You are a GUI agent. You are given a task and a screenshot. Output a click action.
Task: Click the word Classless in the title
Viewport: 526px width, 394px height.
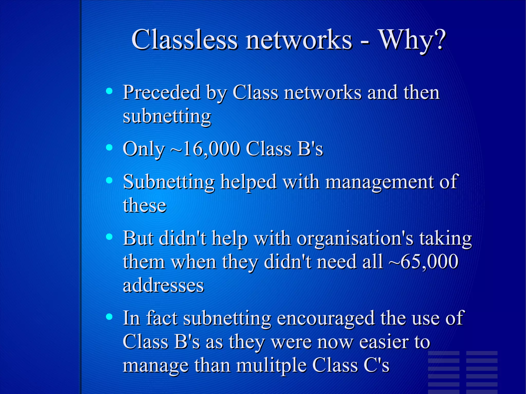[184, 40]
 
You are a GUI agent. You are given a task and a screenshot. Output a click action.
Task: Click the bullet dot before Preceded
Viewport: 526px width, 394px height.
[109, 91]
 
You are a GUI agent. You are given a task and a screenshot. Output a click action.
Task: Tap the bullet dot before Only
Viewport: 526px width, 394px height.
[109, 147]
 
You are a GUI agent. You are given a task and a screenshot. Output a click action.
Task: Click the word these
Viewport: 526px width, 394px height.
[145, 205]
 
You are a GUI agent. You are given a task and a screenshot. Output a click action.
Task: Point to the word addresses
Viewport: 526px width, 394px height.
[163, 285]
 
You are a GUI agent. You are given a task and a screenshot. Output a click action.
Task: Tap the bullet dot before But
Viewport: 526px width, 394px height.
[109, 237]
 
